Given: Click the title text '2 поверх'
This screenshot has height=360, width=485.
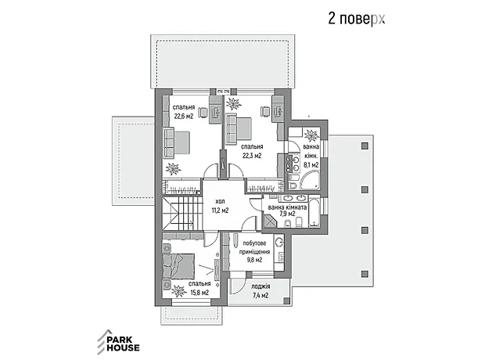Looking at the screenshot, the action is click(357, 20).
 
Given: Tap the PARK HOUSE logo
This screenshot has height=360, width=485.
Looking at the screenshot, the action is click(118, 342).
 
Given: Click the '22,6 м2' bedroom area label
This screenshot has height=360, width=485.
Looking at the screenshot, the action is click(184, 117).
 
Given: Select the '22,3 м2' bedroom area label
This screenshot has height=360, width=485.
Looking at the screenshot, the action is click(252, 156).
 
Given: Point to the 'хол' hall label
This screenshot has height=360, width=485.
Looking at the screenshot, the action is click(220, 202).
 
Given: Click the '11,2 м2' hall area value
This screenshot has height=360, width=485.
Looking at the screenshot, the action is click(220, 211).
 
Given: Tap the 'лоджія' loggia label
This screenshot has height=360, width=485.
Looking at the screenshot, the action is click(260, 286).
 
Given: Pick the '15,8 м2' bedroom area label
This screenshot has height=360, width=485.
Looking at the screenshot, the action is click(199, 293).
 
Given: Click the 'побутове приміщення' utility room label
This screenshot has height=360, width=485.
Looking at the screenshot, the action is click(254, 247).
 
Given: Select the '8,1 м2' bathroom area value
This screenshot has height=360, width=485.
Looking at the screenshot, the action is click(311, 165).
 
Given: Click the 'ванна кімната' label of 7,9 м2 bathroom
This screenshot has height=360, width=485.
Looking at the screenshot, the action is click(287, 207).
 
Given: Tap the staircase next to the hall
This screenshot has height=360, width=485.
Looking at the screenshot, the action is click(181, 214).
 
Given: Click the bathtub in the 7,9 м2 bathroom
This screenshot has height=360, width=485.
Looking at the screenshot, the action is click(314, 211).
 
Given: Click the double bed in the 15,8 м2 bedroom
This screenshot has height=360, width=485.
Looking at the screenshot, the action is click(178, 267).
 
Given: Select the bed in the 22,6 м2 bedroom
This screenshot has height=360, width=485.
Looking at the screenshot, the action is click(177, 142).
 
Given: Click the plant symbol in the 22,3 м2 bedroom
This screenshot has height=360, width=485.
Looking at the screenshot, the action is click(234, 104).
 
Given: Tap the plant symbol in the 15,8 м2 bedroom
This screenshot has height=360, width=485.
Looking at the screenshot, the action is click(178, 291).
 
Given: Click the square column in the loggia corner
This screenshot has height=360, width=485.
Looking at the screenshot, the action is click(287, 300).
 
